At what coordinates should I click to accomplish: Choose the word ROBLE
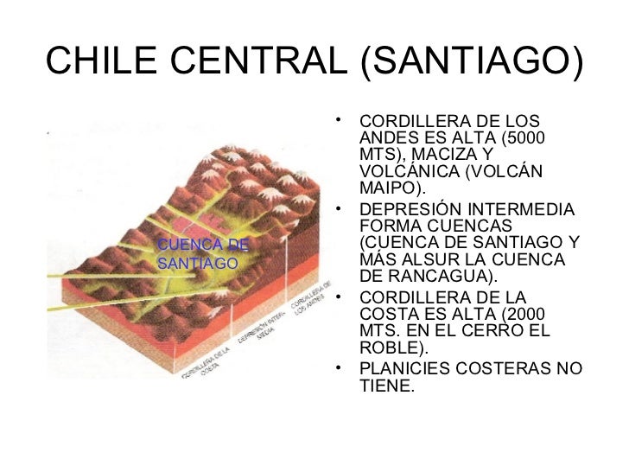click(386, 348)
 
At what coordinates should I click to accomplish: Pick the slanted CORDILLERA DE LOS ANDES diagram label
click(312, 302)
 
